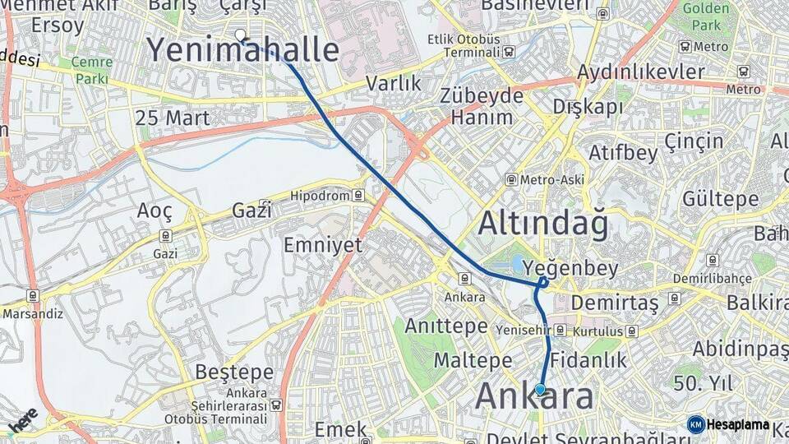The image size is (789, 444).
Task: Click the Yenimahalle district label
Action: click(243, 51)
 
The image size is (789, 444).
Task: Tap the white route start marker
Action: click(240, 35)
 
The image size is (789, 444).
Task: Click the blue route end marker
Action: click(540, 390)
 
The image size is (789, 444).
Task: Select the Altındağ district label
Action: click(543, 224)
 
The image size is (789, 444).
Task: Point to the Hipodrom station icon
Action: click(358, 196)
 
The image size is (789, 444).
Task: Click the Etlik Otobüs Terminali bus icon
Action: click(510, 52)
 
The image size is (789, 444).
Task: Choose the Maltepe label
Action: click(473, 360)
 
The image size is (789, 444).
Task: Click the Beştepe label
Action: click(234, 372)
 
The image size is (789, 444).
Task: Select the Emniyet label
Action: click(323, 245)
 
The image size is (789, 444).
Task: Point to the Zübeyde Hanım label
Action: click(482, 106)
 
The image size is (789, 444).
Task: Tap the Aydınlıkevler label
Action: click(641, 72)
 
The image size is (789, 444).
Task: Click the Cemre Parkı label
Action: click(92, 71)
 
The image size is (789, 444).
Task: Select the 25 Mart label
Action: click(173, 118)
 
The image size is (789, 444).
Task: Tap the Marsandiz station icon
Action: click(32, 296)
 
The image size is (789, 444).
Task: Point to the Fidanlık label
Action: click(588, 359)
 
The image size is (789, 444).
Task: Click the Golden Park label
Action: click(705, 16)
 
